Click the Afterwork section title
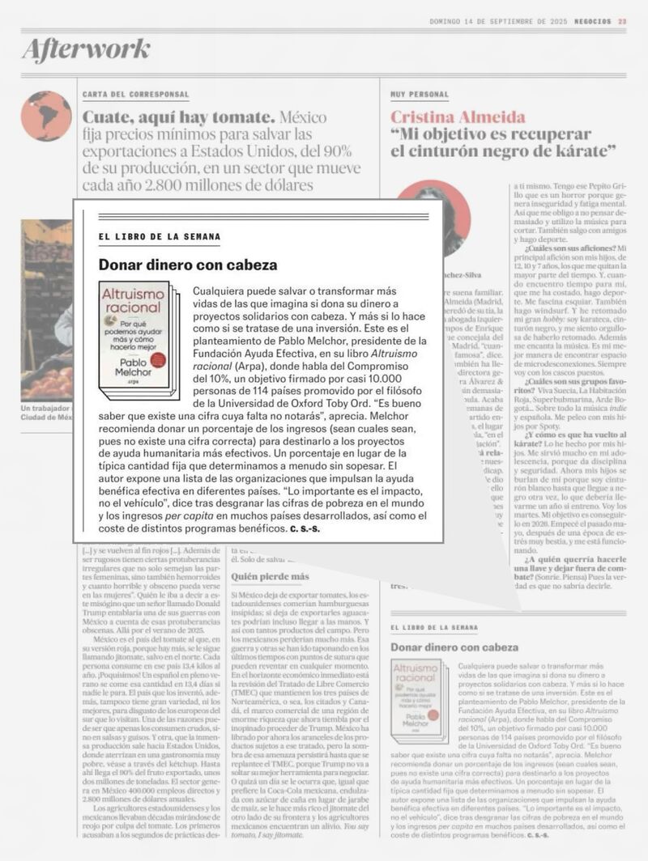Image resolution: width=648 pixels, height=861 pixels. tap(87, 50)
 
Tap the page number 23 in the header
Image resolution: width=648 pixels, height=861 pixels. tap(621, 22)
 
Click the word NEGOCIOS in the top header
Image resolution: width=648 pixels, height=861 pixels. tap(590, 22)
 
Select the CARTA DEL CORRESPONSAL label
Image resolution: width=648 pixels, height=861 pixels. tap(136, 95)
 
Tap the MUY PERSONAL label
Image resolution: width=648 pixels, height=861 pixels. tap(419, 95)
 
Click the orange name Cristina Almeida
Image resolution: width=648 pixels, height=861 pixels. tap(458, 117)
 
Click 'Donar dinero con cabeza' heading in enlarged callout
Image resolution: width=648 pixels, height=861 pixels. tap(188, 265)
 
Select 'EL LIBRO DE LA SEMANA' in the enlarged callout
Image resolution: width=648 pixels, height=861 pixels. tap(159, 236)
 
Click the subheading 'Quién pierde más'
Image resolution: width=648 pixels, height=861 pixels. tap(271, 577)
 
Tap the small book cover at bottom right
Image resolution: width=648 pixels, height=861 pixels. tap(417, 701)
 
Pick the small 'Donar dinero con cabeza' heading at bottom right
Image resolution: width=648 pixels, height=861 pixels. tap(454, 647)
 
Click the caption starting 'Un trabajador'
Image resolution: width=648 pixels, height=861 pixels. tap(46, 414)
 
